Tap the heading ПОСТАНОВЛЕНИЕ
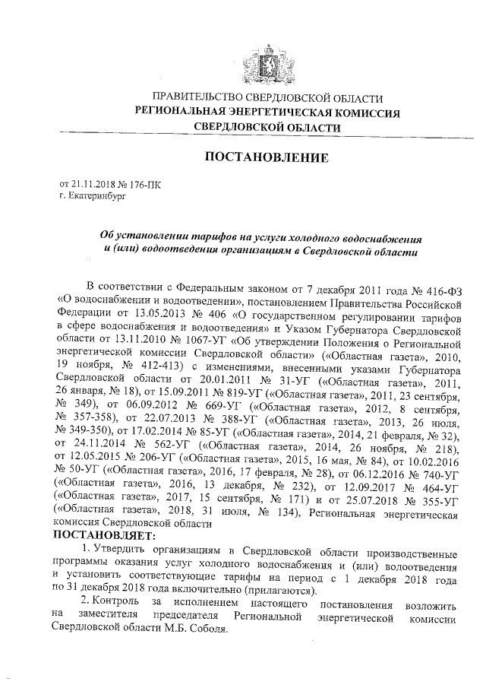coord(265,158)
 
